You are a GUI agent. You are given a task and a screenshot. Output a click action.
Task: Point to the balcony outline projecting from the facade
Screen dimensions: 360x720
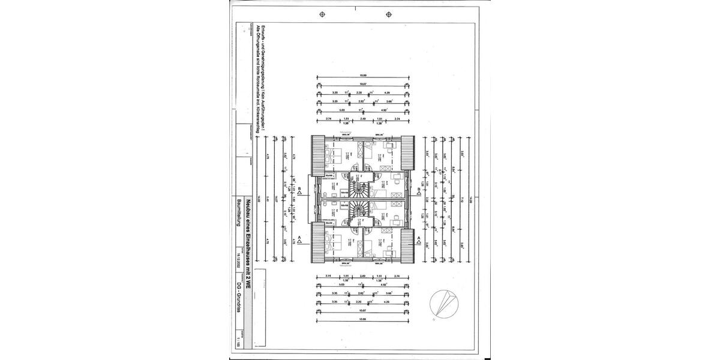click(310, 199)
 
